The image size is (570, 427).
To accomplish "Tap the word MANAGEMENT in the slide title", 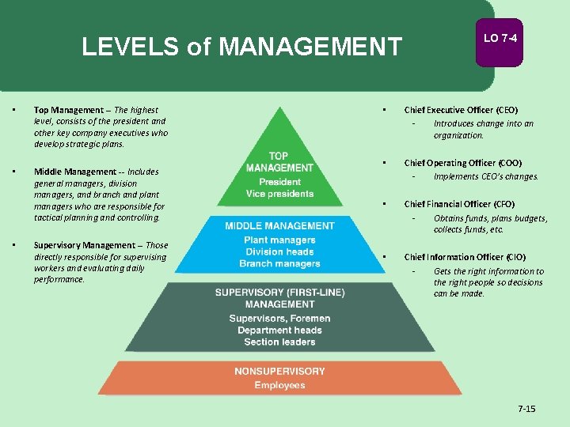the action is (310, 47).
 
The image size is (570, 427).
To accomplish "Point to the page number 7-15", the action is (526, 409).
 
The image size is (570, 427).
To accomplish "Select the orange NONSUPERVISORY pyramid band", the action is (279, 378).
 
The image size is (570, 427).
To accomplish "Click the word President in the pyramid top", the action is (279, 182).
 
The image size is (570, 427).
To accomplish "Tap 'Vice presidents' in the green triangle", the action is (279, 194).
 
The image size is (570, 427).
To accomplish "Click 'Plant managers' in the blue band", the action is (279, 240).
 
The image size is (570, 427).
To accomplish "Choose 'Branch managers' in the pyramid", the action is (279, 264).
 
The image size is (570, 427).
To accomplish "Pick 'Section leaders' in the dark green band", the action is (279, 342).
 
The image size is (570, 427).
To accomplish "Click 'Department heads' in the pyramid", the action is (279, 331).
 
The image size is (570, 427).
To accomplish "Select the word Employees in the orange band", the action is (279, 385).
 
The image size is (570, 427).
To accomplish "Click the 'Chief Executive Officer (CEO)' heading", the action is (461, 110).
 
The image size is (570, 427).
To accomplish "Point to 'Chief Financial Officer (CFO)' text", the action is (459, 204).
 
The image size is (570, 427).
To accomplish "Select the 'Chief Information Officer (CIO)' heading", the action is (465, 257).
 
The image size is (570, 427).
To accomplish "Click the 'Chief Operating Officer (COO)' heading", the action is (462, 163).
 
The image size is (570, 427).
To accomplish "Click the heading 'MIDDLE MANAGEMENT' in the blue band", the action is (279, 226).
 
